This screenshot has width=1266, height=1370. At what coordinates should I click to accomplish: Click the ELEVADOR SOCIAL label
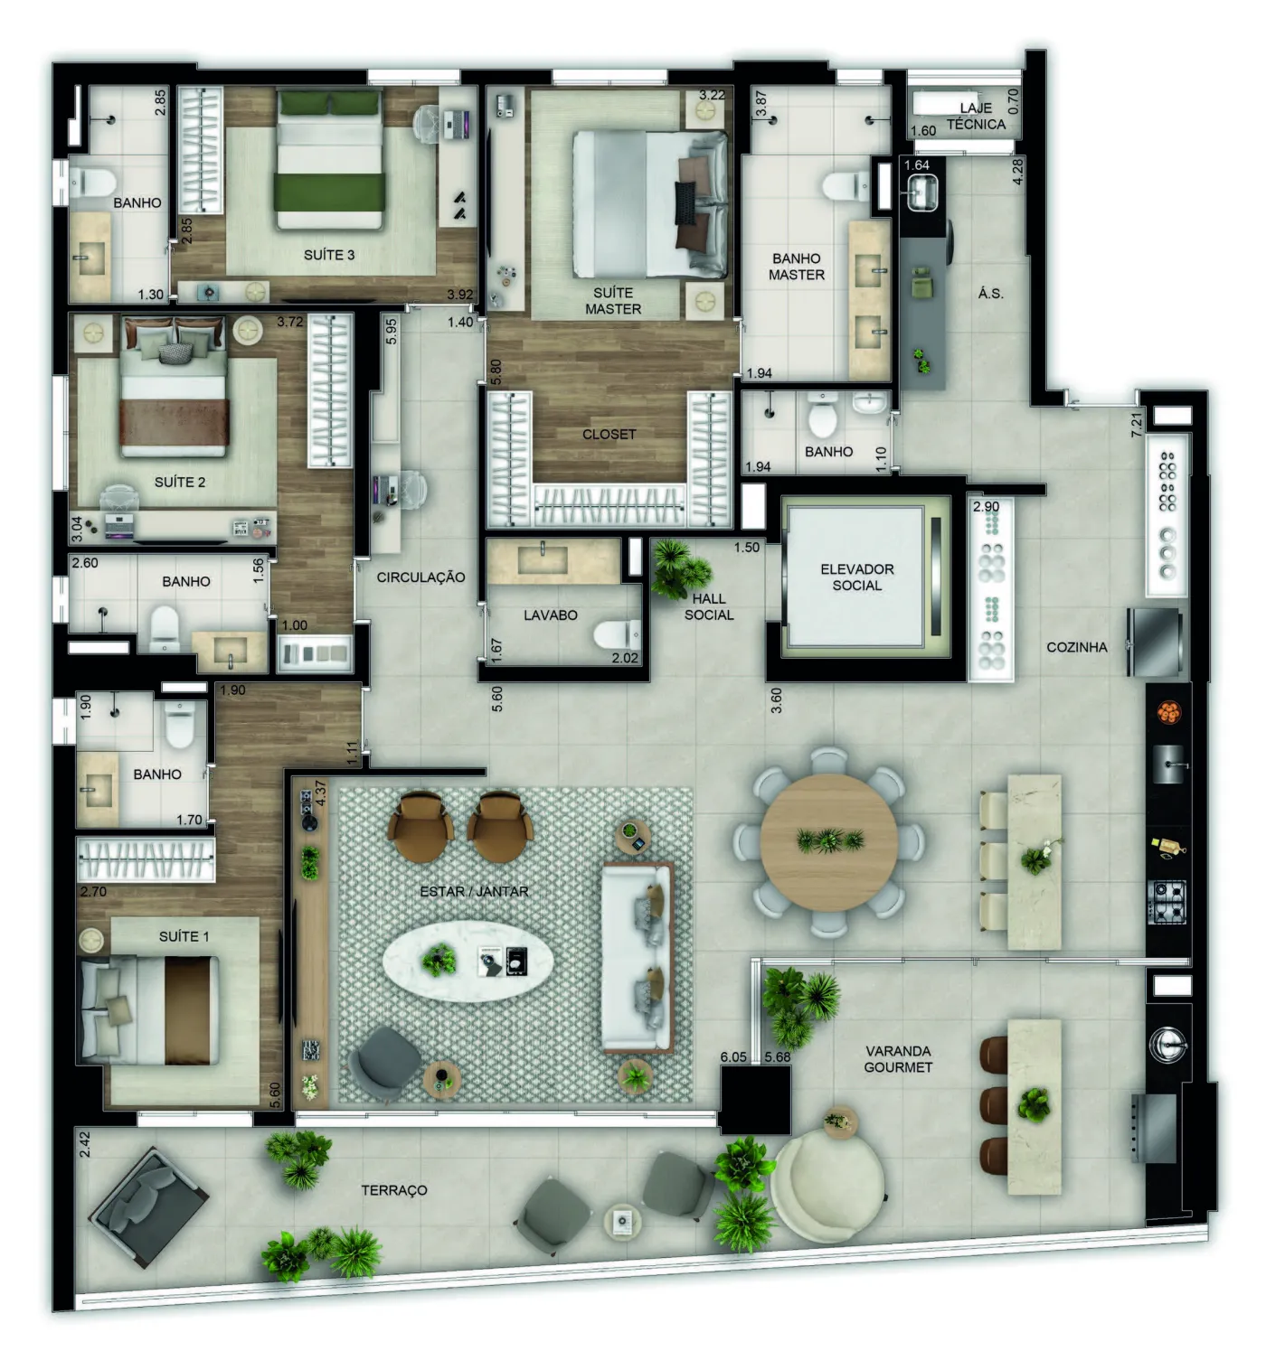856,577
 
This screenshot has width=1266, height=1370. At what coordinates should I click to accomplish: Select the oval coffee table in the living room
468,960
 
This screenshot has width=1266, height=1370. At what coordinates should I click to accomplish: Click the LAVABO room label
550,615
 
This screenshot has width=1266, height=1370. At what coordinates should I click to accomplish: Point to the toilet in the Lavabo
617,634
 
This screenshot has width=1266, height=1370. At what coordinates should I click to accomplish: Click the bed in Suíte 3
330,159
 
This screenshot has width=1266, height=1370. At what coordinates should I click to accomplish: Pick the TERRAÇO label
394,1190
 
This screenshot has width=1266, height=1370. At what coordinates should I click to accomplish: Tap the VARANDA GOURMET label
897,1059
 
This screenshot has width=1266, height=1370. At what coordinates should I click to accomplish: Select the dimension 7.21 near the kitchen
1136,424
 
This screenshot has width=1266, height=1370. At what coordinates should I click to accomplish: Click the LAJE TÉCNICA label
976,116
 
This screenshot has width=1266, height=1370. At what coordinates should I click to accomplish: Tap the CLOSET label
609,434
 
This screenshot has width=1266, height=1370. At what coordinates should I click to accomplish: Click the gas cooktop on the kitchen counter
1167,901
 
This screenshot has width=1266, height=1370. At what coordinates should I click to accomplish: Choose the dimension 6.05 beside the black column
733,1056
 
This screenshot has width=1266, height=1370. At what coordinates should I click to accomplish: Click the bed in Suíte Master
649,205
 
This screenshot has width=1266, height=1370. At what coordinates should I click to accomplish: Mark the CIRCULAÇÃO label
420,577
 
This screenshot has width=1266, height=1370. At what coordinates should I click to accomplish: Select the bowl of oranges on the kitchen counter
1168,712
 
